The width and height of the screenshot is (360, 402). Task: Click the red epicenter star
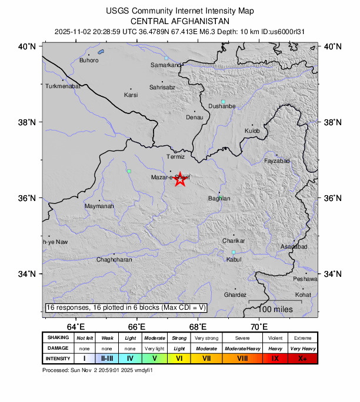[181, 180]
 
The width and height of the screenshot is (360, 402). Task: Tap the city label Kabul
[234, 259]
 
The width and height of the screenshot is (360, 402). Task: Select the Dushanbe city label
[222, 106]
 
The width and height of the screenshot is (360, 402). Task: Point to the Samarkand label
[165, 65]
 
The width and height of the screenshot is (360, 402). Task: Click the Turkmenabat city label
[62, 86]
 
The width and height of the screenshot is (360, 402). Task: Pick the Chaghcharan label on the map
[114, 259]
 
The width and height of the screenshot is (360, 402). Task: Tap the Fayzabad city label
[277, 160]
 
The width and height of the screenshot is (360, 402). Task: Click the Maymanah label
[99, 207]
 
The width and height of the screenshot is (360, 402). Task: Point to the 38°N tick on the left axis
[29, 122]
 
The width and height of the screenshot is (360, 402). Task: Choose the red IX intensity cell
[275, 358]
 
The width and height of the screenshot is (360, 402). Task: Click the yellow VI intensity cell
[179, 358]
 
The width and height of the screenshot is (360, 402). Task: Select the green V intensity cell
[155, 358]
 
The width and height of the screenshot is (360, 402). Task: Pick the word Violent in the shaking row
[275, 338]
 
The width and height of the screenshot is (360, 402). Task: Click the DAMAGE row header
[58, 348]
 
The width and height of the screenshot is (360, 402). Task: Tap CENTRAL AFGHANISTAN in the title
[180, 21]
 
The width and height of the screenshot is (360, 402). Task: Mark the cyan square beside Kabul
[234, 252]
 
